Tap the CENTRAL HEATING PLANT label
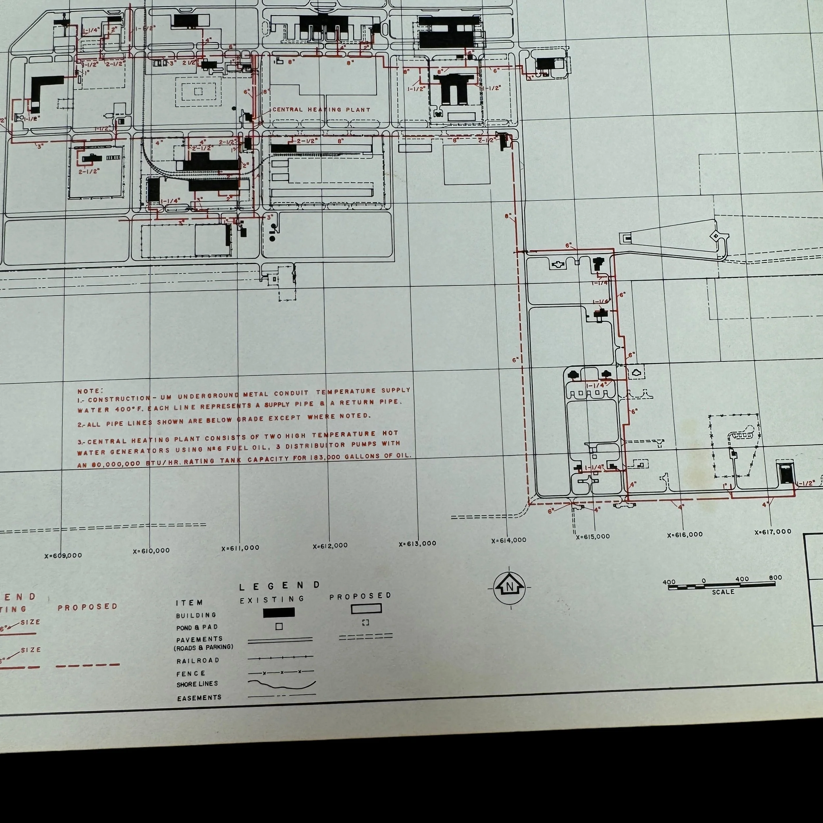(x=321, y=110)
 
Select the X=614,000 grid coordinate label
(x=509, y=540)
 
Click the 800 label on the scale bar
(x=775, y=578)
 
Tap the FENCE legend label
(x=191, y=674)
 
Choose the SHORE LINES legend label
(x=197, y=684)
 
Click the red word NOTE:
(x=90, y=391)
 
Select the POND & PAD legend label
(x=197, y=627)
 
